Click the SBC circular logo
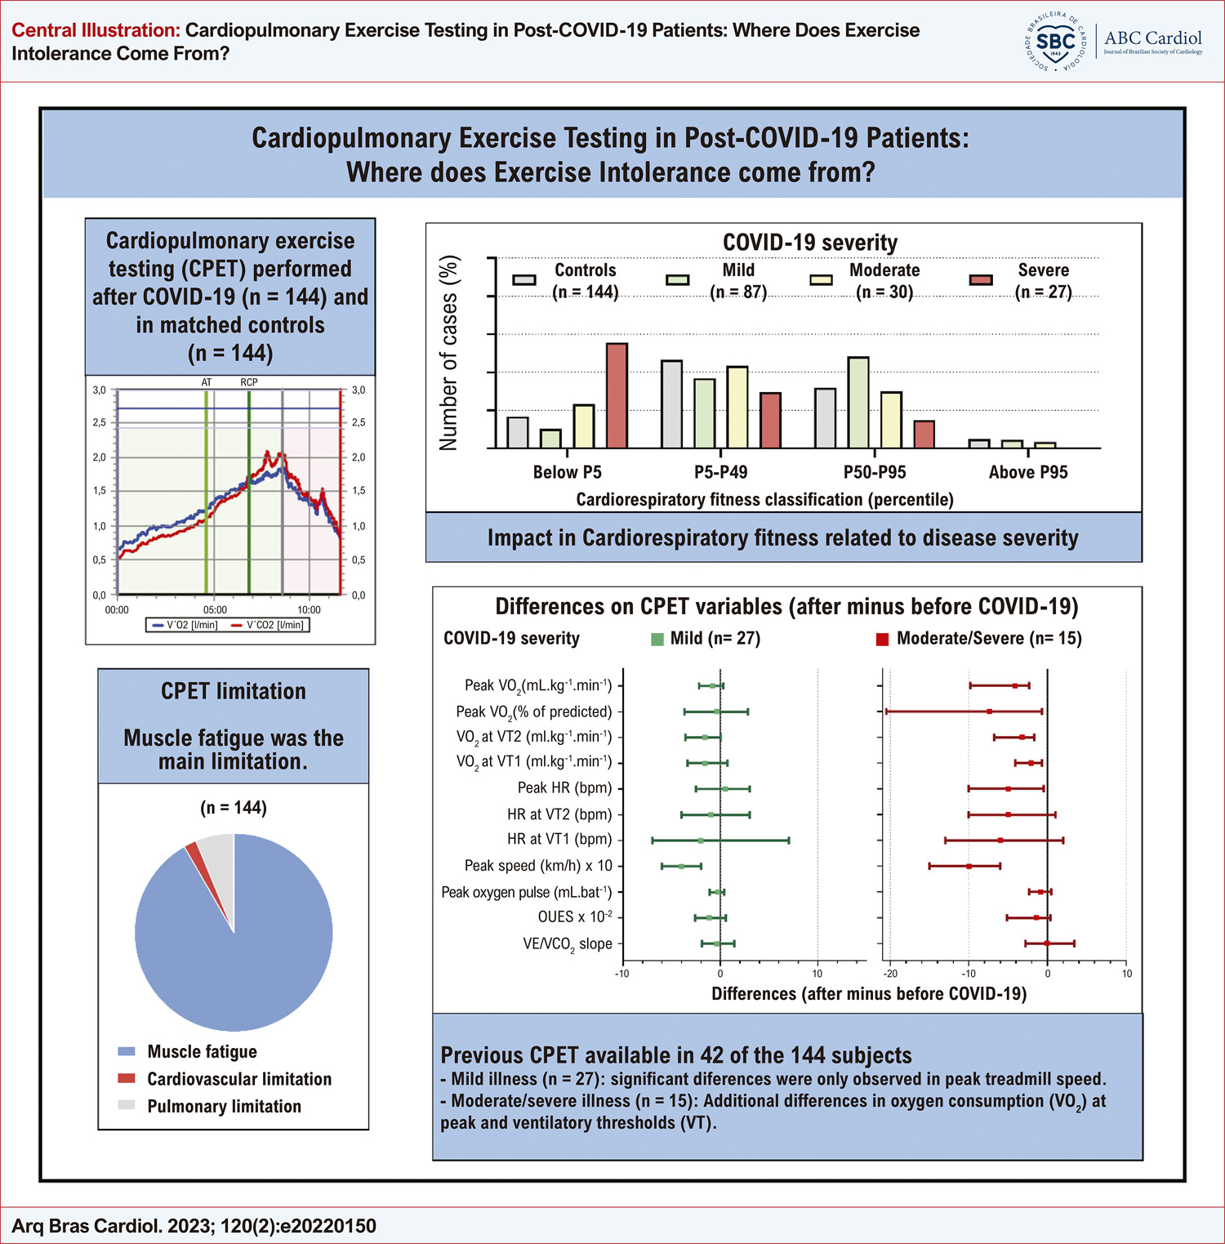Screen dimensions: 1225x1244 [x=1056, y=41]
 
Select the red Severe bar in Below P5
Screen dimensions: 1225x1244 [x=617, y=395]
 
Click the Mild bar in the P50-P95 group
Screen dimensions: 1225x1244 [x=858, y=403]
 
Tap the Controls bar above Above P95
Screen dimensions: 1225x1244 [x=979, y=444]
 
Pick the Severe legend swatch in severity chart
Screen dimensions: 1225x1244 [x=981, y=280]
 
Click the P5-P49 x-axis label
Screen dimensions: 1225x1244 [x=721, y=472]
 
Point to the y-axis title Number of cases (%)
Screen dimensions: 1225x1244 [x=449, y=353]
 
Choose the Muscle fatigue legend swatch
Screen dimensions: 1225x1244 [x=127, y=1052]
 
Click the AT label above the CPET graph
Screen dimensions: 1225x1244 [x=207, y=382]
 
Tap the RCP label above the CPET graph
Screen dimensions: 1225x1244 [x=249, y=382]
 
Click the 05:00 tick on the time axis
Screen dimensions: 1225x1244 [x=215, y=610]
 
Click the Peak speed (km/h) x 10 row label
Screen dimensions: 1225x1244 [x=538, y=866]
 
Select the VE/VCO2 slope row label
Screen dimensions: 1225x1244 [x=568, y=945]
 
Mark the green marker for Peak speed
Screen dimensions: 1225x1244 [x=682, y=866]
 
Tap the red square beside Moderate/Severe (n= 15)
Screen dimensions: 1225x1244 [x=882, y=639]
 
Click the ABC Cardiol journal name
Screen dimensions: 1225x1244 [x=1153, y=38]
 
